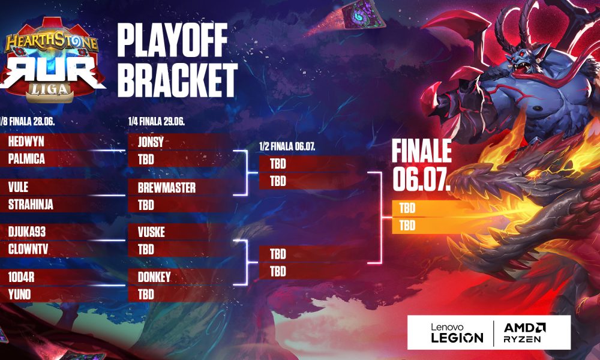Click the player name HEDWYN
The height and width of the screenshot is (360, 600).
(x=26, y=142)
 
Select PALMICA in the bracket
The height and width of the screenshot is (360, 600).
(x=26, y=159)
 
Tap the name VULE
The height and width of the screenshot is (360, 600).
(x=18, y=187)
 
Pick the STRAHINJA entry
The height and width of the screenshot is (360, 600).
(x=31, y=205)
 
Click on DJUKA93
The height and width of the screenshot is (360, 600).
(x=27, y=232)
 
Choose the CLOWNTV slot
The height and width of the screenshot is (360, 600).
(x=28, y=250)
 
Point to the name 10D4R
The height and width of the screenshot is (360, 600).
(x=21, y=277)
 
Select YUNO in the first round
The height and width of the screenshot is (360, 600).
(x=19, y=295)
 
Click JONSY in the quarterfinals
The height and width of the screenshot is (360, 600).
(x=151, y=142)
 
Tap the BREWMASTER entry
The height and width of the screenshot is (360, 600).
(x=167, y=188)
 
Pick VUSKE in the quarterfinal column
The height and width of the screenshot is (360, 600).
(x=152, y=232)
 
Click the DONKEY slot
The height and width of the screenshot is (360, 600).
(x=154, y=277)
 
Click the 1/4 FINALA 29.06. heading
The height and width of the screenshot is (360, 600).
(x=157, y=122)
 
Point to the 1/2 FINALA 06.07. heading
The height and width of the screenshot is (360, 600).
(x=287, y=146)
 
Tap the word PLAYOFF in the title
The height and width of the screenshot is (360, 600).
(x=173, y=40)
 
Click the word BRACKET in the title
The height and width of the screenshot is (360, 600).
(x=178, y=80)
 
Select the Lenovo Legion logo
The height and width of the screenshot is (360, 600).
(x=457, y=333)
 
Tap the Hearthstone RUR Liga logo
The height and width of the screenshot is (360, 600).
(x=52, y=61)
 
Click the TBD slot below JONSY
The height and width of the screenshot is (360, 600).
(x=146, y=160)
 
